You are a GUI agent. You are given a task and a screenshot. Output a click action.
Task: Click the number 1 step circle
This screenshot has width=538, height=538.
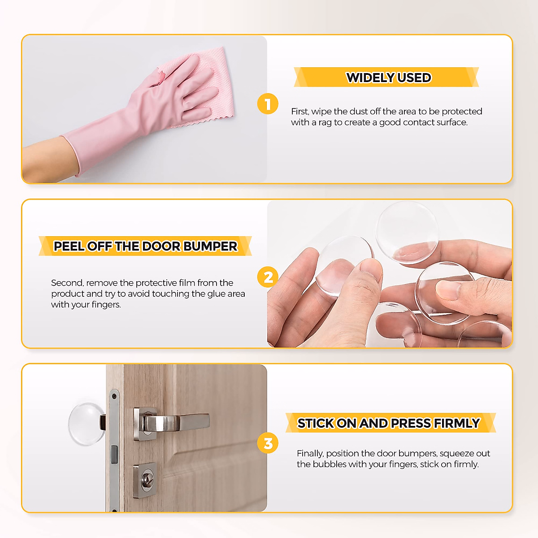point(268,104)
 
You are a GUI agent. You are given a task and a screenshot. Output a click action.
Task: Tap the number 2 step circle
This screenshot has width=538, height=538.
point(268,277)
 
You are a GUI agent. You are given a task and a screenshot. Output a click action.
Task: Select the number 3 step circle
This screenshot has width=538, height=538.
point(268,443)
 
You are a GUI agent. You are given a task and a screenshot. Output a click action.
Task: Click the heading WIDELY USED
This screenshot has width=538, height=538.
point(388,78)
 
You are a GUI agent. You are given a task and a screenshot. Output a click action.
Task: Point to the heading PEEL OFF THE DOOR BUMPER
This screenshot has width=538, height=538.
point(145,246)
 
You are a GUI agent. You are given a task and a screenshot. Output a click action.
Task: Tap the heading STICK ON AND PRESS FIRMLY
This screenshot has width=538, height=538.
point(389,423)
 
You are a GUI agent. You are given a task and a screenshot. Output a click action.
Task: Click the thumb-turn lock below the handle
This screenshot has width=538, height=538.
point(146,480)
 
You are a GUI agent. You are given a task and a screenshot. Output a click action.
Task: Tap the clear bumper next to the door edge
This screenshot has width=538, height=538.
point(86,424)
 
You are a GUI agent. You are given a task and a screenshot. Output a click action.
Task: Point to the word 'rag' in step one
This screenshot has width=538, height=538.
point(325,122)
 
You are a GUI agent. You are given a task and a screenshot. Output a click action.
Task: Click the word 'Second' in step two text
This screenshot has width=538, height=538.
point(67,283)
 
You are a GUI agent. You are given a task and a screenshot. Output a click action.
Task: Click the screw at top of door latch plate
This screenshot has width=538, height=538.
point(114,396)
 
